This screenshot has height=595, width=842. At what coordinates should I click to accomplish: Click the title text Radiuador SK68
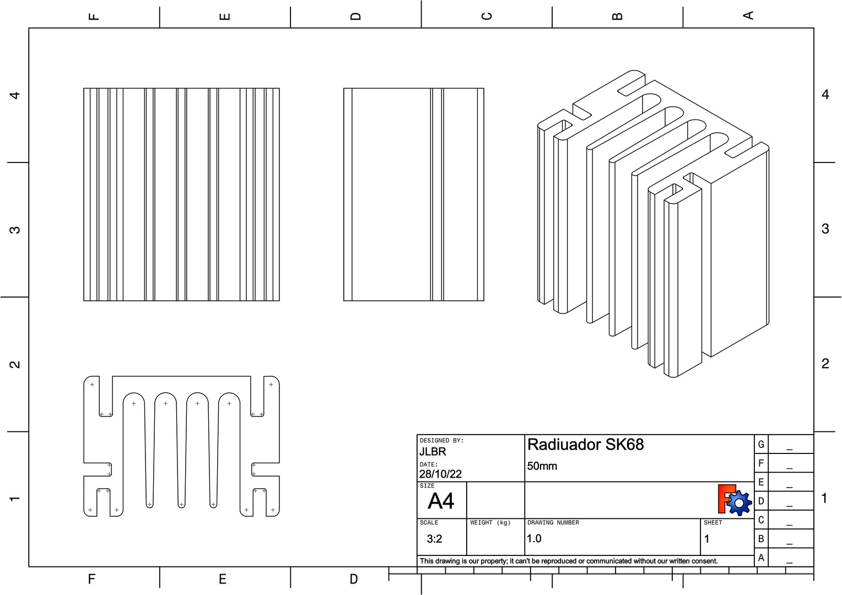point(585,445)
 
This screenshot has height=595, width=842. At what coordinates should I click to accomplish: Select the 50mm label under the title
point(542,466)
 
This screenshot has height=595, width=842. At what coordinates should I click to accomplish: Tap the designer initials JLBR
point(433,452)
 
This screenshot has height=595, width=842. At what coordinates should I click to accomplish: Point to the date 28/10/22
point(440,474)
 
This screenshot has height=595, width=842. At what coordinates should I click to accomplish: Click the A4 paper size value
point(441,501)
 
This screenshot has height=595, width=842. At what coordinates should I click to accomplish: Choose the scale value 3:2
point(434,539)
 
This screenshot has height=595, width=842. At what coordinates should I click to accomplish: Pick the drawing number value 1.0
point(534,539)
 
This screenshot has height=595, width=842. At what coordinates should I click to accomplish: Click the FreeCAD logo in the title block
point(735,500)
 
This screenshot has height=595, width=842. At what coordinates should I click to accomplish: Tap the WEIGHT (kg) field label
point(490,522)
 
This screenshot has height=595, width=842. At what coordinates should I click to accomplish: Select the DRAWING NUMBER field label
point(553,522)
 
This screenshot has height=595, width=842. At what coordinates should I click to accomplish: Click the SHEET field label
point(713,522)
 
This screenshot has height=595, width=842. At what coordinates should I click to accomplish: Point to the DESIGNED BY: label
point(441,440)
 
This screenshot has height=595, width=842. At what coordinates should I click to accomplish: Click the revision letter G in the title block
point(761,444)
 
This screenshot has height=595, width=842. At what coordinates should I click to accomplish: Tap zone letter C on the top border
point(487,15)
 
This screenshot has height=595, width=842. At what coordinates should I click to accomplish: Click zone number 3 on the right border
point(825,229)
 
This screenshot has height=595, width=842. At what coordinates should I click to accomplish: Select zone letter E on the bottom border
point(223,579)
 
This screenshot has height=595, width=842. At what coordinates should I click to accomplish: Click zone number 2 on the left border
point(15,364)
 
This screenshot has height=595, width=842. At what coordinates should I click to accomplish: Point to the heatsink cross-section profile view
point(181,446)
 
